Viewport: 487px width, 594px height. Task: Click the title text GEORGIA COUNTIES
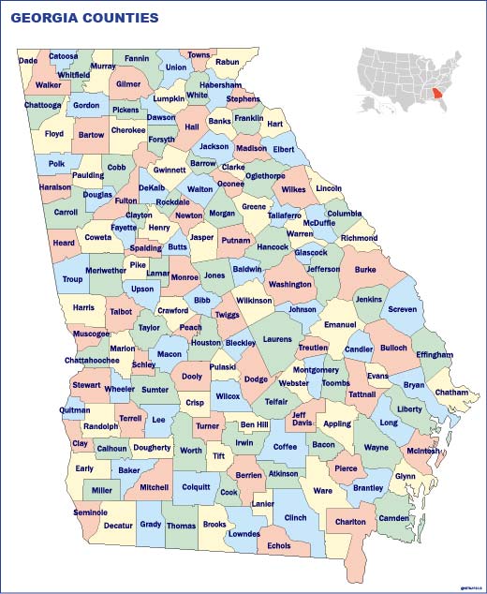[84, 18]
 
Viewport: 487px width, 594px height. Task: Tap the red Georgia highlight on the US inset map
[438, 95]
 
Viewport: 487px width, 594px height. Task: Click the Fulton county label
[125, 200]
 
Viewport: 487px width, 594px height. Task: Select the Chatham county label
[451, 393]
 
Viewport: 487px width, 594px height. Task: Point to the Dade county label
[28, 61]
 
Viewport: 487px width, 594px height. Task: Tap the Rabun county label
[228, 62]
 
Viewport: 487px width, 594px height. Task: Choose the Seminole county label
[90, 512]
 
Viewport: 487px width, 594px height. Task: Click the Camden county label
[395, 518]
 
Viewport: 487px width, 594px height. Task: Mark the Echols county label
[279, 545]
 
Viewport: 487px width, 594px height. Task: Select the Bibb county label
[201, 300]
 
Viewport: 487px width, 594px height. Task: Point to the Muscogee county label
[91, 334]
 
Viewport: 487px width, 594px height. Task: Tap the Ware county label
[322, 490]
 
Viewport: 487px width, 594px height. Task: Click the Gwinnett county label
[170, 171]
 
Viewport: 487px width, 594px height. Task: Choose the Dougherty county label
[152, 448]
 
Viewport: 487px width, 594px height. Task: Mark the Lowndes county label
[243, 534]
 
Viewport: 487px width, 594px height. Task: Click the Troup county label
[72, 279]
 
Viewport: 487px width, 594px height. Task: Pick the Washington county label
[290, 284]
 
